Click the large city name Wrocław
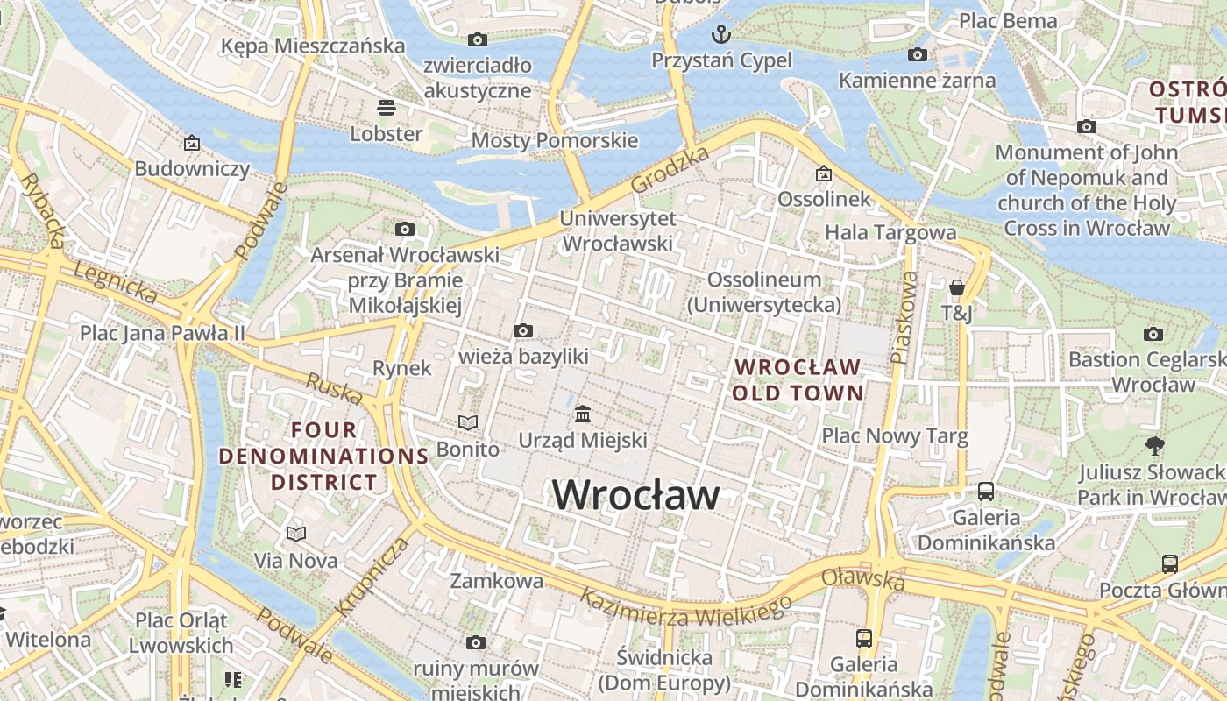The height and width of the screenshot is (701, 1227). (636, 495)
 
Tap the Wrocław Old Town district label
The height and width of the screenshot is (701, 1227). (798, 379)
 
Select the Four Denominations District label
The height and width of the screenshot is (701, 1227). (323, 456)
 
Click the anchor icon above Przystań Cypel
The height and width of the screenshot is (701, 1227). (720, 34)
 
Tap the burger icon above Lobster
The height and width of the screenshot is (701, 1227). (387, 108)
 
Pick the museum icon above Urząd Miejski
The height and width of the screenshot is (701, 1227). (583, 413)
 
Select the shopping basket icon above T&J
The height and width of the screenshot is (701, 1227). (956, 287)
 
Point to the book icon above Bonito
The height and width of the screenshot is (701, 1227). (468, 423)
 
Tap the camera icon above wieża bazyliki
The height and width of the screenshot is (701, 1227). (523, 330)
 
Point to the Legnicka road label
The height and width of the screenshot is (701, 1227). (114, 283)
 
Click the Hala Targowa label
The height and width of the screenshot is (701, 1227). (890, 232)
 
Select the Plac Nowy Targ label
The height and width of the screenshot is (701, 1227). (894, 435)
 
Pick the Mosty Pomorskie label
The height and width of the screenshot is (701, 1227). (555, 140)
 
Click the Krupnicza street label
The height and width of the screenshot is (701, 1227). (372, 575)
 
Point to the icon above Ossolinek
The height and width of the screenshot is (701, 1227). (822, 173)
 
